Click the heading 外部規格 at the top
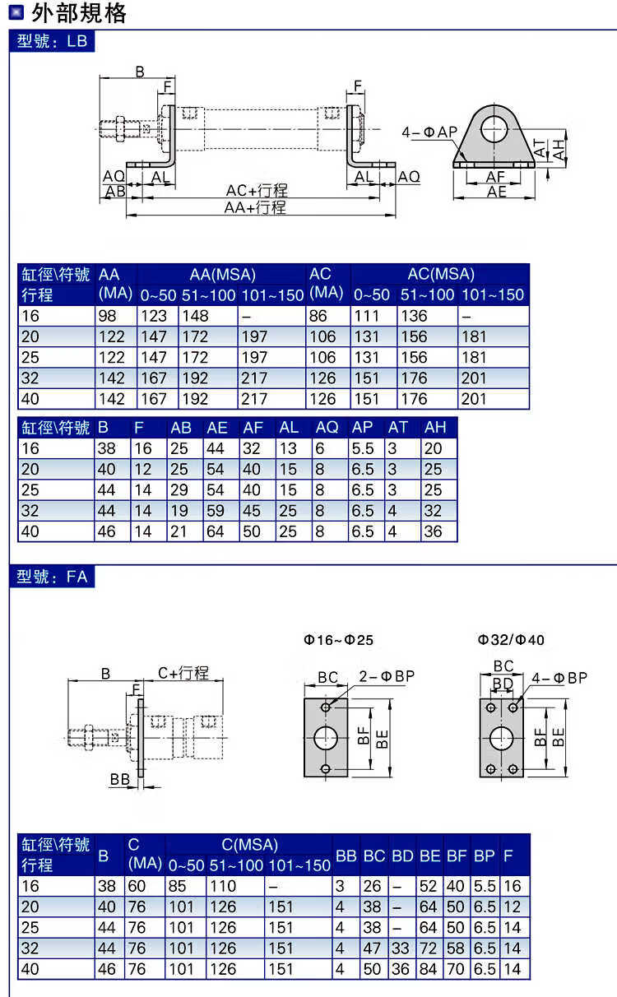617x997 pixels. [x=79, y=13]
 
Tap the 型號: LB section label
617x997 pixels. [x=52, y=41]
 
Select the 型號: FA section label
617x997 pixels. [x=52, y=577]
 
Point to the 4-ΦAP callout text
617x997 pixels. [x=429, y=132]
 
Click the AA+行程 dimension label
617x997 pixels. [x=255, y=207]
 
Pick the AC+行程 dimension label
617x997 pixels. [x=257, y=190]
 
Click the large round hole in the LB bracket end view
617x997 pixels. [x=494, y=128]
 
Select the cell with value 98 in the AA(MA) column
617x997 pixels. [x=107, y=316]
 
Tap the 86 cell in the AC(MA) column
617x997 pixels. [x=318, y=316]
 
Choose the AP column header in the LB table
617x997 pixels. [x=362, y=427]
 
